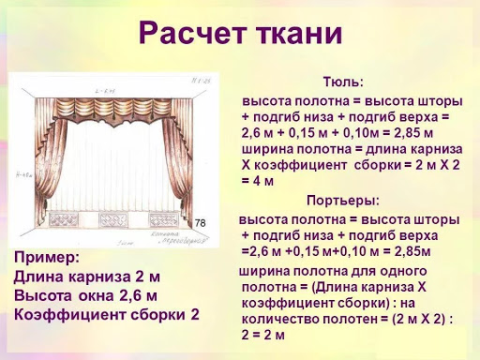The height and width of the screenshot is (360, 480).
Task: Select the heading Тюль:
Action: coord(343,82)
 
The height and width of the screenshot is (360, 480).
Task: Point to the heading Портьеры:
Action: coord(343,200)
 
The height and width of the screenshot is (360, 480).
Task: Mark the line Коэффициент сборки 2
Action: coord(107,315)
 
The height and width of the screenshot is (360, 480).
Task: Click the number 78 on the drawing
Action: coord(200,222)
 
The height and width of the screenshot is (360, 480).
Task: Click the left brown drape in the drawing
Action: coord(43,169)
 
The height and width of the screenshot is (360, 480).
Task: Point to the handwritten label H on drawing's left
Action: coord(21,174)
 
